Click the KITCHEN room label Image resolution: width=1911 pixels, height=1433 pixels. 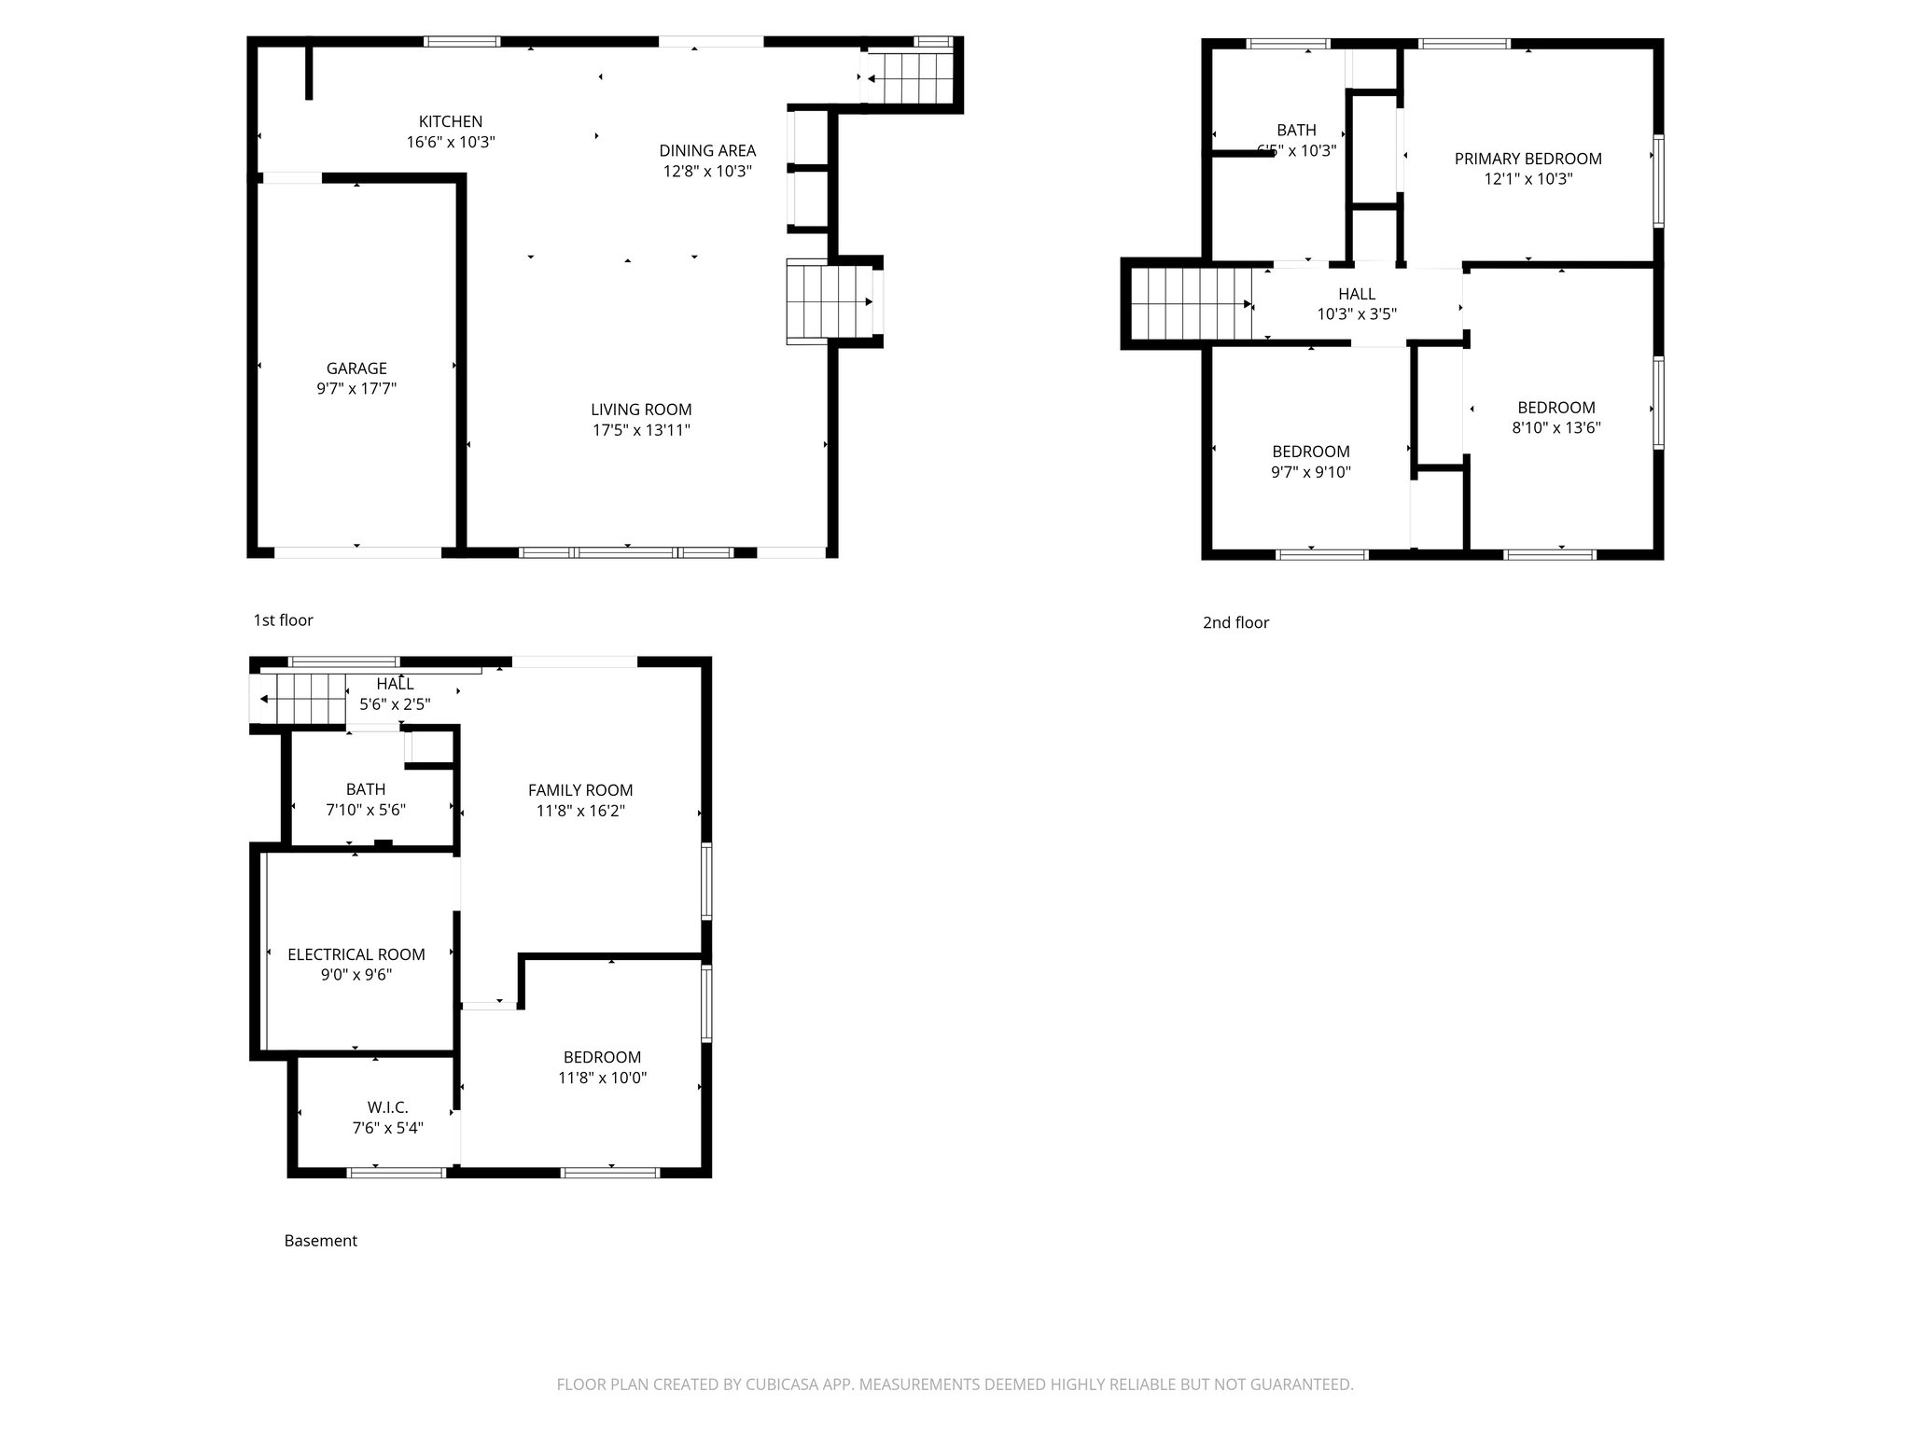[450, 121]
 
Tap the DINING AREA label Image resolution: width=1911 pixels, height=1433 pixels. [707, 150]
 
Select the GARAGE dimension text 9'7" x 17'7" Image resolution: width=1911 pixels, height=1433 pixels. [356, 389]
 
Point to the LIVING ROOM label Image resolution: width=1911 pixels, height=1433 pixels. [641, 410]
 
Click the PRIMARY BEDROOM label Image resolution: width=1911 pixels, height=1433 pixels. [1527, 159]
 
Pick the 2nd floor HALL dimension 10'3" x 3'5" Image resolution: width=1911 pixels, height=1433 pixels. [1356, 314]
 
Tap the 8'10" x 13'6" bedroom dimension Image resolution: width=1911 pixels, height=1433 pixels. [1555, 428]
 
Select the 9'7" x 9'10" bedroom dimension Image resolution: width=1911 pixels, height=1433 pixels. [1310, 472]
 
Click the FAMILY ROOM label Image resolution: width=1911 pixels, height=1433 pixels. [580, 790]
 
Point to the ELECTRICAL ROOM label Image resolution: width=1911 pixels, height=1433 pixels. [356, 954]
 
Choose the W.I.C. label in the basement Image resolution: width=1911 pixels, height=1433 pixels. [387, 1107]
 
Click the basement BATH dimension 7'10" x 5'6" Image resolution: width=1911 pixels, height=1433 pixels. [365, 811]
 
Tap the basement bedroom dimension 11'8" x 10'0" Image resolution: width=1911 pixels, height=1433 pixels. [602, 1078]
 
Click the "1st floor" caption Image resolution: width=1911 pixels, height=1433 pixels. [283, 620]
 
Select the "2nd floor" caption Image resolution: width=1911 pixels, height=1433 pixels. [1235, 623]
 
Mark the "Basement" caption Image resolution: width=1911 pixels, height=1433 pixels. [320, 1241]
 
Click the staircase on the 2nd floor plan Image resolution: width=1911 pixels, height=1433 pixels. [1190, 304]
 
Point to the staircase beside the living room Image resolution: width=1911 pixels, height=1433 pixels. [808, 302]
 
